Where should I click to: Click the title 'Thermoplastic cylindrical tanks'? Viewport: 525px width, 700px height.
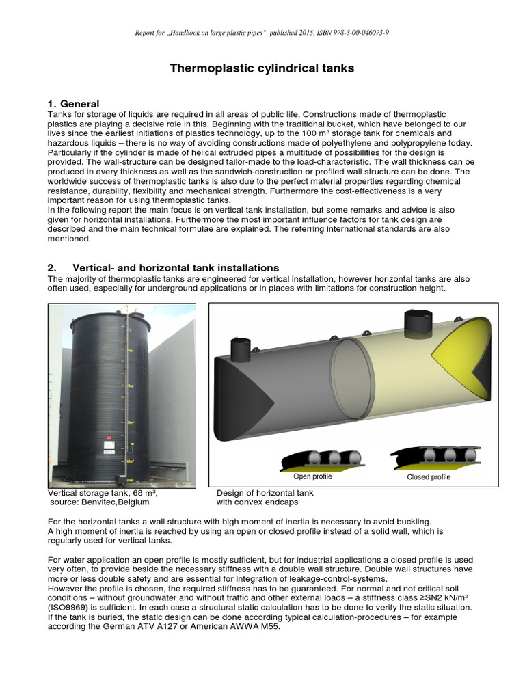tap(262, 68)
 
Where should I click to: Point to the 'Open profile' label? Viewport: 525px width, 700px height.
tap(312, 476)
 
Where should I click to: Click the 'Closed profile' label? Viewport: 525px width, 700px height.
tap(429, 477)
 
